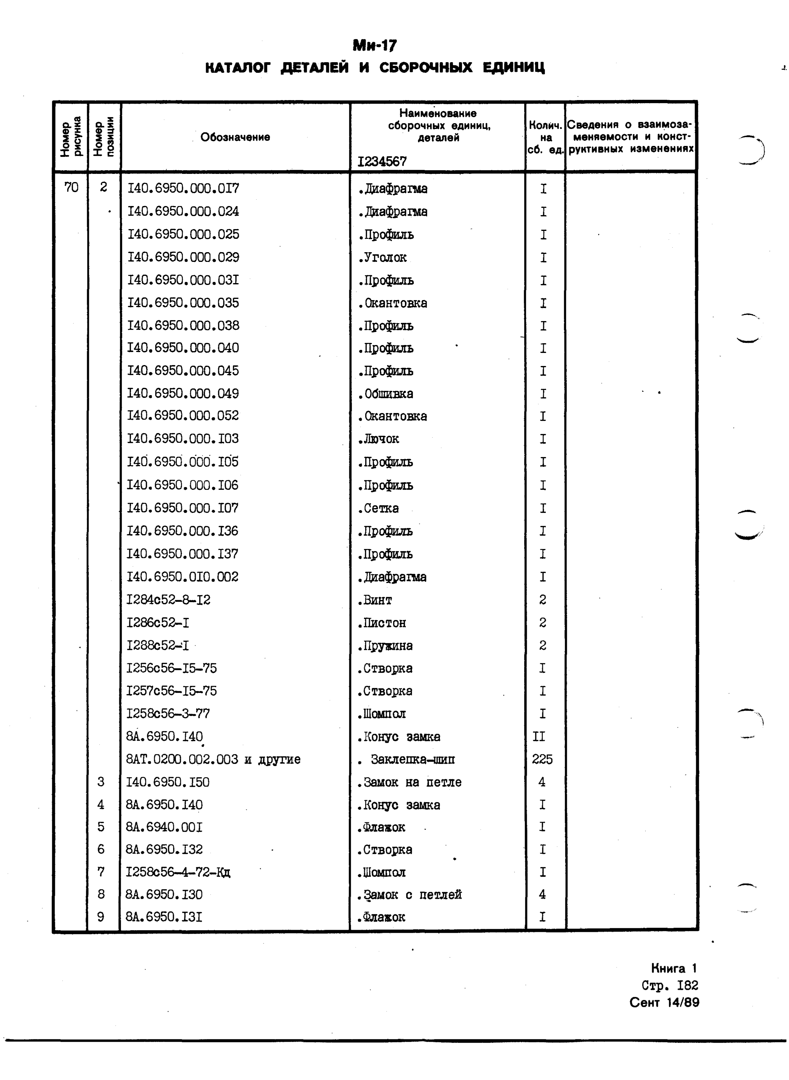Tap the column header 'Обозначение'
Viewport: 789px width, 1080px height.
[x=235, y=137]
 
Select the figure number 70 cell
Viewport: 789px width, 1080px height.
[x=71, y=187]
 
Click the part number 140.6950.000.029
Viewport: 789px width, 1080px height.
[x=183, y=257]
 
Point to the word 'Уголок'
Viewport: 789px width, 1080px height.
[x=383, y=258]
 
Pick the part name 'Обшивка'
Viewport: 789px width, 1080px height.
[x=386, y=394]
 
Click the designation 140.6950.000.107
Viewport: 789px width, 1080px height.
[x=182, y=508]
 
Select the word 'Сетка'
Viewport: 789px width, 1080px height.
[x=379, y=509]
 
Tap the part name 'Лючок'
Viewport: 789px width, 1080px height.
[x=379, y=439]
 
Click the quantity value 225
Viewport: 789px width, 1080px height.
[x=542, y=759]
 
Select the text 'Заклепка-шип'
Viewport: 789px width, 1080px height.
[x=413, y=759]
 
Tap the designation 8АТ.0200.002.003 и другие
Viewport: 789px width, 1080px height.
[x=213, y=759]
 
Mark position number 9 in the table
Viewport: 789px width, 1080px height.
[x=101, y=917]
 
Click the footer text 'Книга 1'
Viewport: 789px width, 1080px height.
[x=674, y=968]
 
